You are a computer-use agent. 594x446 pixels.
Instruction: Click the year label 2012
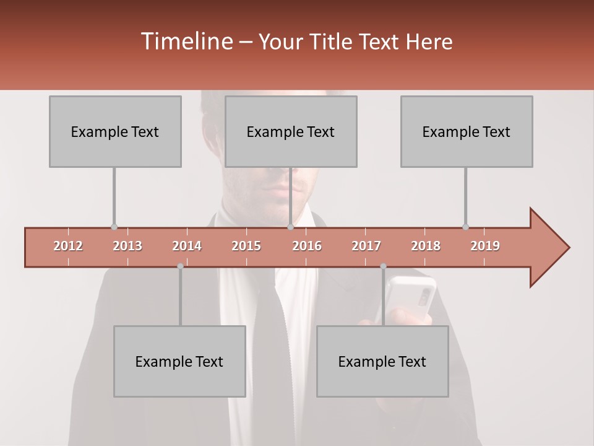[68, 246]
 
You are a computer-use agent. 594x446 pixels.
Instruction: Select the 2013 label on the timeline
[127, 246]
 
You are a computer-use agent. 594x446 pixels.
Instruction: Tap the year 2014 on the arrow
[187, 246]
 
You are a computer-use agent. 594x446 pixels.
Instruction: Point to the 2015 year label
[246, 246]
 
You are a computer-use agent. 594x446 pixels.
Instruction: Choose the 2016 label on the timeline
[307, 246]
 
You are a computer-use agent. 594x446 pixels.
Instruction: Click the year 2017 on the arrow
[366, 246]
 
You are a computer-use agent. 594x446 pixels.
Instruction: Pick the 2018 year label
[426, 246]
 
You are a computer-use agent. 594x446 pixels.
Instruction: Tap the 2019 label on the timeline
[485, 246]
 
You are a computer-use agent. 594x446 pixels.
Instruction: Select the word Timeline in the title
[186, 42]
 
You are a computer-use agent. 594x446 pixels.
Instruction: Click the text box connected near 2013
[115, 131]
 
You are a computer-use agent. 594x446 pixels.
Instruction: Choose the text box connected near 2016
[291, 131]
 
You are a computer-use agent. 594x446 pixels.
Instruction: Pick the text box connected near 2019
[467, 131]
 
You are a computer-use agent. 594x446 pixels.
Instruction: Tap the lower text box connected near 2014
[179, 361]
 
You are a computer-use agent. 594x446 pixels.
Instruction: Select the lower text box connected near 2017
[382, 361]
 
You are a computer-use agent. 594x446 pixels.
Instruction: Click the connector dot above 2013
[114, 227]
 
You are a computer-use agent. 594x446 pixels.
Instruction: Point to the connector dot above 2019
[465, 227]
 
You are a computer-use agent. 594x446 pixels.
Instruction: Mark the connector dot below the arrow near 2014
[180, 266]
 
